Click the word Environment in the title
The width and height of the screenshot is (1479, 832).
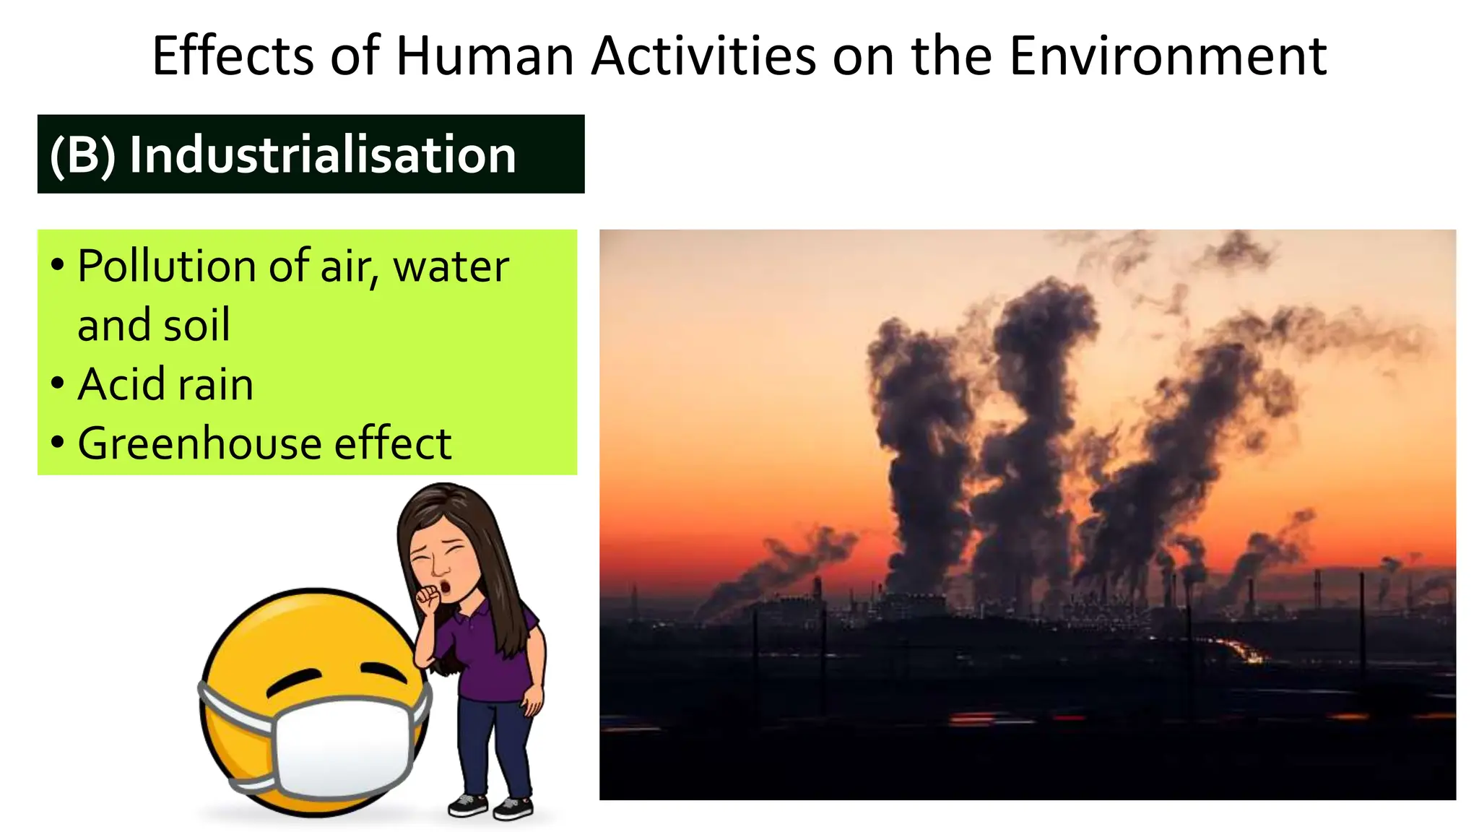click(1167, 56)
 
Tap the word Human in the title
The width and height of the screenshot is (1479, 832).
click(484, 56)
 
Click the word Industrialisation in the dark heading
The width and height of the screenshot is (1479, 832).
click(323, 155)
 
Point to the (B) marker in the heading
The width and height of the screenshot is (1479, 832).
click(82, 155)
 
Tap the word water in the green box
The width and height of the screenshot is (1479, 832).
click(451, 266)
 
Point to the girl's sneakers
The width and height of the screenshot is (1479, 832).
click(491, 805)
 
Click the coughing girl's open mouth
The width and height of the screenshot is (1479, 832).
click(446, 585)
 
